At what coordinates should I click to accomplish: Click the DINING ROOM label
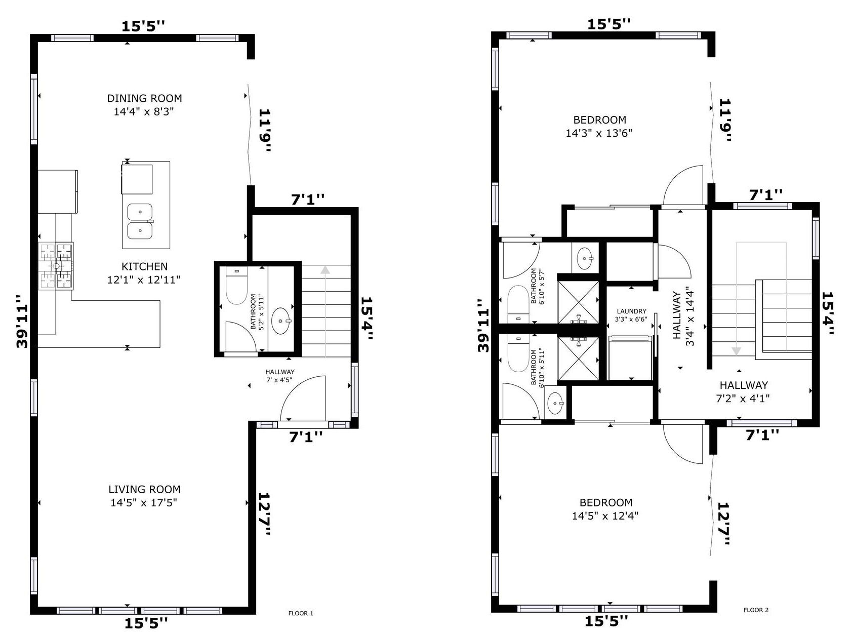(x=144, y=98)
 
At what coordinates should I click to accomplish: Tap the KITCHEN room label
(x=145, y=266)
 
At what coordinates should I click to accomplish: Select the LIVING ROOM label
(x=144, y=490)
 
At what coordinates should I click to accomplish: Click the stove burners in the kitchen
(x=56, y=266)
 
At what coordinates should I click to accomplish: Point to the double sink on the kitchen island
(x=140, y=221)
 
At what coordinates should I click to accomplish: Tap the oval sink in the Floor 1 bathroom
(x=281, y=321)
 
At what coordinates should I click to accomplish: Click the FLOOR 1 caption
(x=301, y=613)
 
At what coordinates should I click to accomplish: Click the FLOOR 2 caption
(x=756, y=610)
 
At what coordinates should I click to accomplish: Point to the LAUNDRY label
(x=631, y=311)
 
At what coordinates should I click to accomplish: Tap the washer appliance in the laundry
(x=630, y=358)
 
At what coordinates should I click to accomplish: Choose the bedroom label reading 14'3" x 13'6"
(x=599, y=133)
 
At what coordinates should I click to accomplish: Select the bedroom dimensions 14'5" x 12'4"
(x=605, y=516)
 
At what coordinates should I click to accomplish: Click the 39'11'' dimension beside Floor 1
(x=22, y=321)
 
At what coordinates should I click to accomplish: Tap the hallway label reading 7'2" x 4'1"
(x=743, y=399)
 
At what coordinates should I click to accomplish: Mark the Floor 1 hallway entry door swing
(x=303, y=398)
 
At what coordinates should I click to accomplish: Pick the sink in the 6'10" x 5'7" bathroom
(x=585, y=258)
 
